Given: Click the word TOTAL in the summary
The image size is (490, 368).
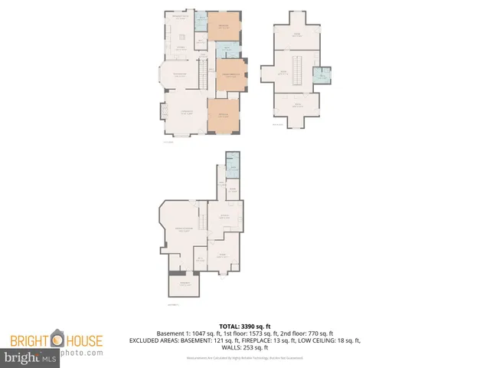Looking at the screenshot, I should click(230, 325).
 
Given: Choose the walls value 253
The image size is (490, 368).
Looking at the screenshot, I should click(251, 347).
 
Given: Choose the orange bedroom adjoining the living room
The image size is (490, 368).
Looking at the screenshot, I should click(224, 115).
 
